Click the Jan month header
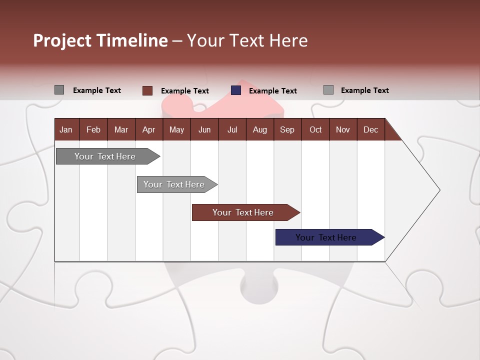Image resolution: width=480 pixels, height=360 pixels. (66, 129)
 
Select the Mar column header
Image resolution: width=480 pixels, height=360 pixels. (121, 129)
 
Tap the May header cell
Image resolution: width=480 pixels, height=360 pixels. (176, 129)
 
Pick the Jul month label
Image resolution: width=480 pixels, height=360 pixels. (232, 129)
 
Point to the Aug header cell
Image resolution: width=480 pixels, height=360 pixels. (259, 129)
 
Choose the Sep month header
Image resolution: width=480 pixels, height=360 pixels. (287, 129)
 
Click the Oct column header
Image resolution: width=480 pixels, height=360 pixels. (315, 129)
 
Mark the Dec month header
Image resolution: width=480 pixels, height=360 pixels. (370, 129)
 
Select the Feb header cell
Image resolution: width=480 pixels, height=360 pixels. (93, 129)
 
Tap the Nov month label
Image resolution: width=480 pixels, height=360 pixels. (343, 129)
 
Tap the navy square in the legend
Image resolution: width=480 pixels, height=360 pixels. (236, 90)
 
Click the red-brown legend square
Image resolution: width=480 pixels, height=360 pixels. (147, 90)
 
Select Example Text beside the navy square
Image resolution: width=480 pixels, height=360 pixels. (272, 91)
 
